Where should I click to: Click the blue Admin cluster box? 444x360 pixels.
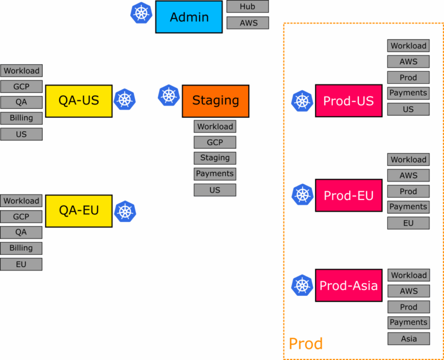(x=188, y=17)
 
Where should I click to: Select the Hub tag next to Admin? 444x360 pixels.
(x=247, y=7)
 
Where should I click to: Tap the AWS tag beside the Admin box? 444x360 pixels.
(x=247, y=23)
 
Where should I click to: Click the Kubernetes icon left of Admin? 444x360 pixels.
(x=141, y=13)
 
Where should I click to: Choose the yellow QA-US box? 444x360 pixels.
(x=79, y=101)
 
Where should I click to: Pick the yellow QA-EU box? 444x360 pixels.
(x=79, y=210)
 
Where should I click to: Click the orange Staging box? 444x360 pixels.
(x=215, y=101)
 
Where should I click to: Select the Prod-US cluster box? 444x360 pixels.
(x=348, y=101)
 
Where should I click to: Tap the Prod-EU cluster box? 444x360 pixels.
(x=348, y=195)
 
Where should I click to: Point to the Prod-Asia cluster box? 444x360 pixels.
(x=348, y=285)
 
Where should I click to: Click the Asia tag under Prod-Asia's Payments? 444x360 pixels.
(x=408, y=339)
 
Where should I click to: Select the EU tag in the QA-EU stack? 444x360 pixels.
(x=21, y=264)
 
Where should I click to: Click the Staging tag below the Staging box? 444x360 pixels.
(x=214, y=158)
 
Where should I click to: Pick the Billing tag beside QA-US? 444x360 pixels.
(x=21, y=118)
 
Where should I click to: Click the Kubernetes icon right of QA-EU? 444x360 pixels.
(x=124, y=211)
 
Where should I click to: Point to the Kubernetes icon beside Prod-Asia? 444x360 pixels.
(x=302, y=285)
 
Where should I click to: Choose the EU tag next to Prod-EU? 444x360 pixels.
(x=408, y=222)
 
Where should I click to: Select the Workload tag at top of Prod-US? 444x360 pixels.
(x=408, y=46)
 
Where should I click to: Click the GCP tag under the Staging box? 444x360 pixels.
(x=214, y=142)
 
